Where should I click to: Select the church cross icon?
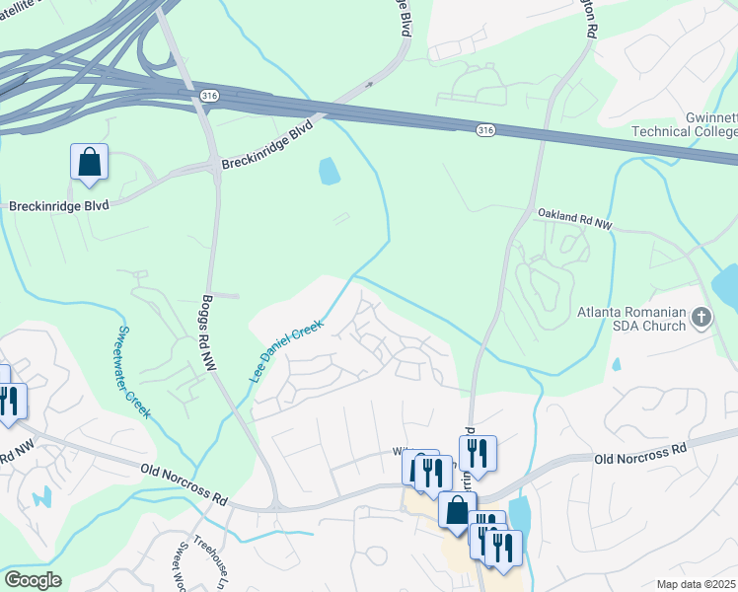(x=701, y=318)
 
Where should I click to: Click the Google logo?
(x=33, y=580)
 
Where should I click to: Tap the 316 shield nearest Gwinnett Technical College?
(x=484, y=129)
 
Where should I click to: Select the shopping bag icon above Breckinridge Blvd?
(x=89, y=162)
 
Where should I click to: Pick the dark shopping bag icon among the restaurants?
(x=457, y=510)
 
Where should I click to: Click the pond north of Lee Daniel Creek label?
(x=329, y=172)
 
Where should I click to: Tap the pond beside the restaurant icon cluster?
(x=520, y=513)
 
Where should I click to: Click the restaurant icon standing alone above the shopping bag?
(x=477, y=453)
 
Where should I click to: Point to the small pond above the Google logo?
(x=40, y=496)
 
